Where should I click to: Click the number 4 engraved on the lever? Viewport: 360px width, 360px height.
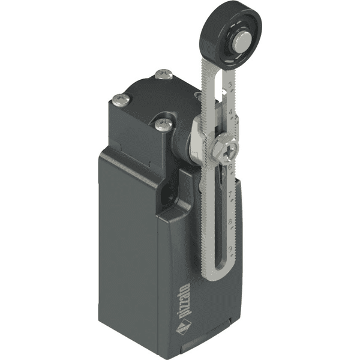click(231, 112)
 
